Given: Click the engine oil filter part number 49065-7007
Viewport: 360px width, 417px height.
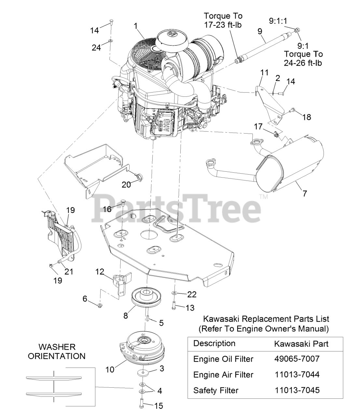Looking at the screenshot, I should point(297,359).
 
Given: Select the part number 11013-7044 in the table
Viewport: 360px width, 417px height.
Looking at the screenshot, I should point(297,374).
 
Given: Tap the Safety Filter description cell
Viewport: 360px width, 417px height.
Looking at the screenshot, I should point(216,390).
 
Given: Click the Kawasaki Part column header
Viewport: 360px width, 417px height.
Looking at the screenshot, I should point(301,343).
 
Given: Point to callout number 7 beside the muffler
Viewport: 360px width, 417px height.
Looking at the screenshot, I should point(305,193).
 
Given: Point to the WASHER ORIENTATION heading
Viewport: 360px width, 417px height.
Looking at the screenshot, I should point(57,351).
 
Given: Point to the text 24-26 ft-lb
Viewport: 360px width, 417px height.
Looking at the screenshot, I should point(303,63).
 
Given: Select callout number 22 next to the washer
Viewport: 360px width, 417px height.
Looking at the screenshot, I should point(192,294).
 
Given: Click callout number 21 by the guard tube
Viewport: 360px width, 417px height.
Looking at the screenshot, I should point(69,271).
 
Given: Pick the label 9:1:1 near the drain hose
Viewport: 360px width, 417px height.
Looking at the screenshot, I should point(278,21).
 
